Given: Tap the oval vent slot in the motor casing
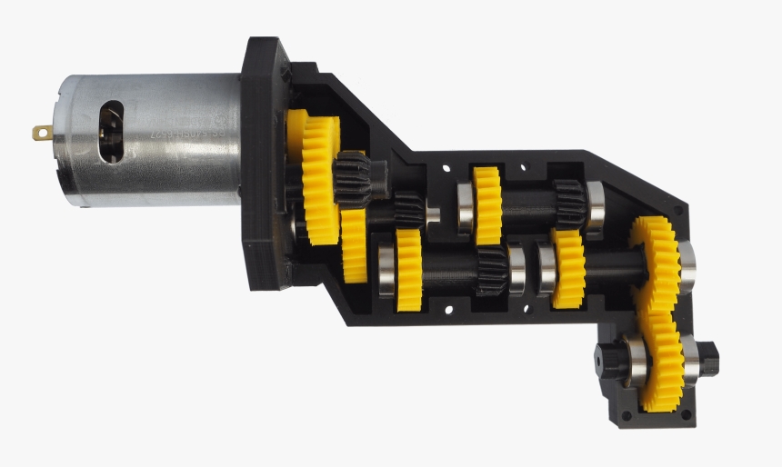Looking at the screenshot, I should (x=111, y=132).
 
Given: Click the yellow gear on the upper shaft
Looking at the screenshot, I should (x=487, y=204).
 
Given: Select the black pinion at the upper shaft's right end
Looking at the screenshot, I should (x=568, y=202).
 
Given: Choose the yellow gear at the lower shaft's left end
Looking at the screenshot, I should (x=408, y=269).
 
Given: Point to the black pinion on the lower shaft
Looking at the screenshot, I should (x=491, y=271).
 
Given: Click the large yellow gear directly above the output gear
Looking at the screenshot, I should (x=657, y=263).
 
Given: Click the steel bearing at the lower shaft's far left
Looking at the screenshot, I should (x=386, y=269).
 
